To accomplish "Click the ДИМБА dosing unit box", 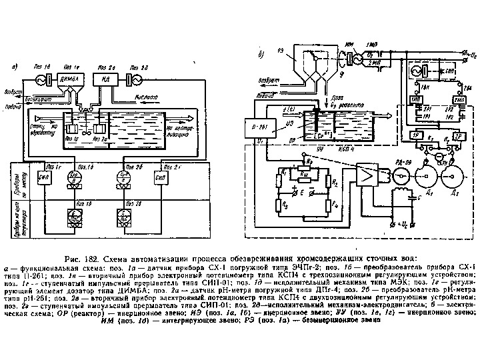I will [71, 81].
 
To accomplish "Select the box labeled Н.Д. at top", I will [106, 81].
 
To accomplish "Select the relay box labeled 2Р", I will [461, 135].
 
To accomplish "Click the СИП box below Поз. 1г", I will [46, 178].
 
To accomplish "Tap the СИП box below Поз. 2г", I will [159, 178].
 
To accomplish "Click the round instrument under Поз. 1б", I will [75, 177].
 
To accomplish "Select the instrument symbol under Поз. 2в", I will [123, 215].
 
